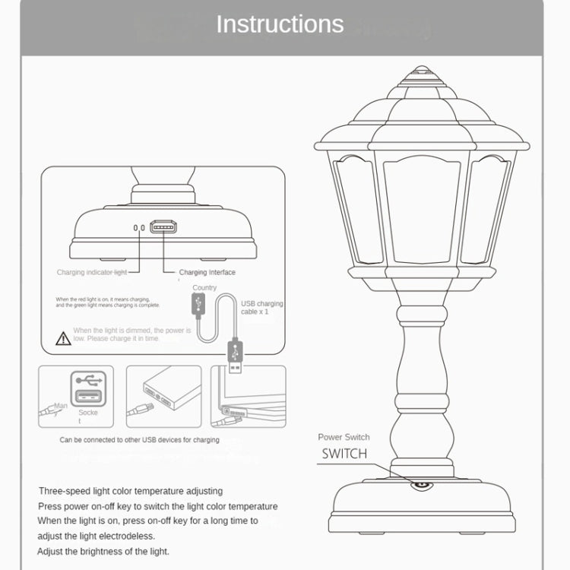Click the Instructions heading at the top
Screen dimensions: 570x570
[x=280, y=24]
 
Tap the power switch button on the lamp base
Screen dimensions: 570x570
[x=420, y=484]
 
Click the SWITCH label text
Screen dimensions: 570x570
[x=344, y=454]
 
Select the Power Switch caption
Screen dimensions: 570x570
[x=344, y=437]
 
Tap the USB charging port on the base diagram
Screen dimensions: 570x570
[x=163, y=227]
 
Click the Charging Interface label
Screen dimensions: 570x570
[x=207, y=272]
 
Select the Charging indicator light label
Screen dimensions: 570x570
[x=91, y=272]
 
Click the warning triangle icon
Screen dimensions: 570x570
[x=64, y=339]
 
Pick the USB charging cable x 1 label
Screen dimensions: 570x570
[x=261, y=308]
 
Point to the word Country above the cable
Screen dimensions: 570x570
[x=204, y=288]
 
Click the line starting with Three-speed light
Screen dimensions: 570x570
[x=131, y=491]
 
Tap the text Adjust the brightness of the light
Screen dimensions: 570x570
[x=103, y=551]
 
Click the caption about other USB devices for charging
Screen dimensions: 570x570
[x=139, y=439]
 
